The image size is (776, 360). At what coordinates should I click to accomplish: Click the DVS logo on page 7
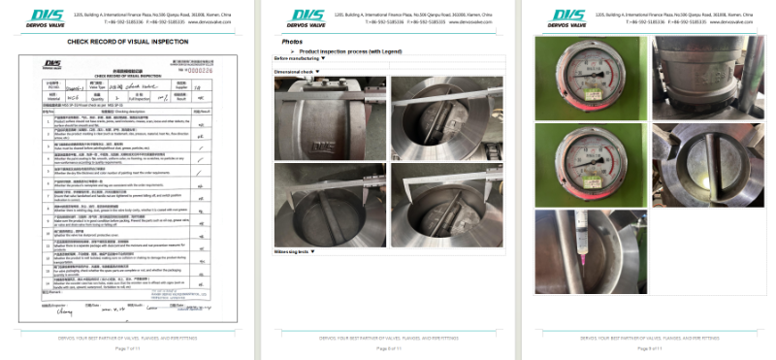(x=46, y=16)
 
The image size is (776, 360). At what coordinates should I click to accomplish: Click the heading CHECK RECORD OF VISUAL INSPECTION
(x=127, y=43)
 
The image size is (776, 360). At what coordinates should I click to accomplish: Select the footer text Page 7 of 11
(x=127, y=346)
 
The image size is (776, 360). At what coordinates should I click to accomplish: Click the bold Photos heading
(x=291, y=43)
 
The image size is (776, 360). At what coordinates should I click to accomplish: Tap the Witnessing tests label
(x=294, y=251)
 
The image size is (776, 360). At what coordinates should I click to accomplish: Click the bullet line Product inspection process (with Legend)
(x=355, y=50)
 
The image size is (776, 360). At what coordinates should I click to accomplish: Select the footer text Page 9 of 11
(x=648, y=346)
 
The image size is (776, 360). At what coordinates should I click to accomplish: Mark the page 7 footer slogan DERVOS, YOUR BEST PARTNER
(x=127, y=337)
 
